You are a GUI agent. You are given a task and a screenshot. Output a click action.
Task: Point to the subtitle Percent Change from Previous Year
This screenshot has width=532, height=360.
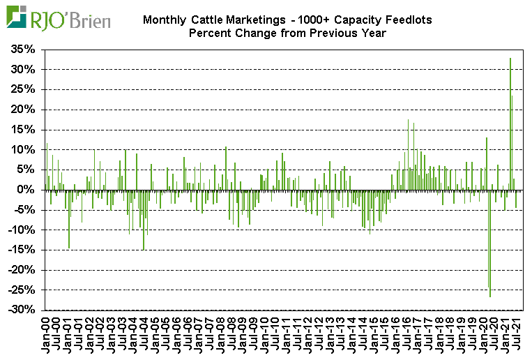pos(287,33)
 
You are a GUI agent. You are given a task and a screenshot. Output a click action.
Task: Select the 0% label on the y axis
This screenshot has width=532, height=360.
pos(30,190)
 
